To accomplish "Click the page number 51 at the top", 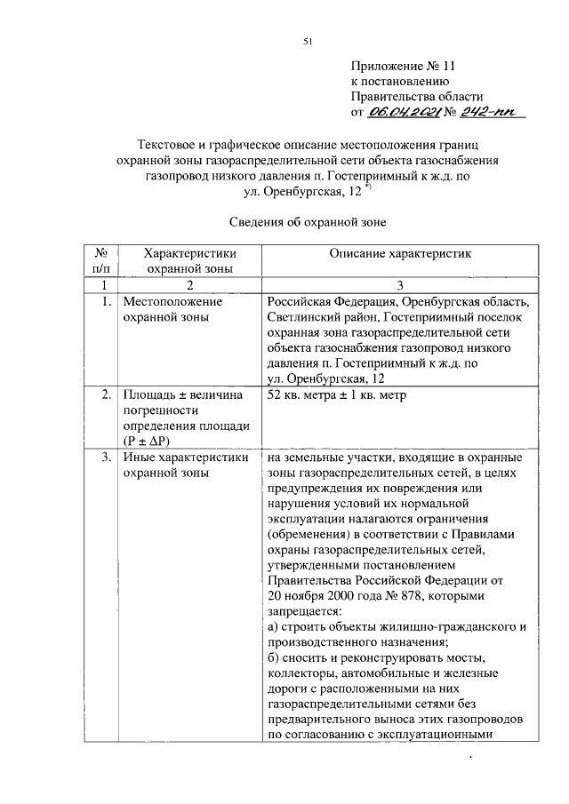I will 307,41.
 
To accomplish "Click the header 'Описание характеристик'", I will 399,254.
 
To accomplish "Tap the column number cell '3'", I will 400,284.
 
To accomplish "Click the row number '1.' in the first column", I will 105,301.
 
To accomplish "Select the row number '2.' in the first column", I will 105,394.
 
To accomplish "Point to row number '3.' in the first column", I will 105,458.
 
